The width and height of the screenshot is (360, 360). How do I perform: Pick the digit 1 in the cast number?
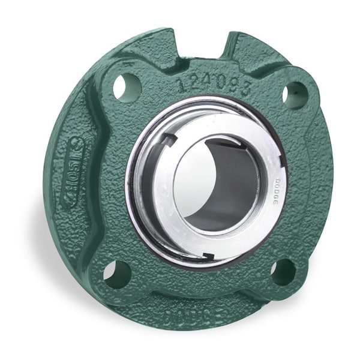click(x=181, y=85)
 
